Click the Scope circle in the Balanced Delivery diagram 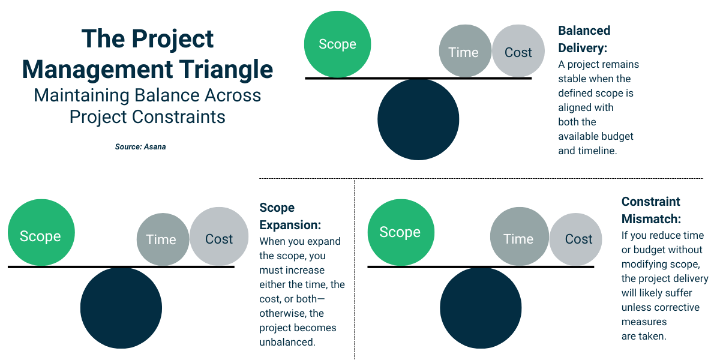point(337,44)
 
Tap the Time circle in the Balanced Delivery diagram point(463,52)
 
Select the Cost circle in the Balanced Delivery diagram point(518,52)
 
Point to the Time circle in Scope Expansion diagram point(161,239)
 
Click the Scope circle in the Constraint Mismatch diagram point(400,232)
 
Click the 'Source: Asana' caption point(140,146)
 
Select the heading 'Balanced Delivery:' point(584,39)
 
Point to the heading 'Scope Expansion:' point(290,216)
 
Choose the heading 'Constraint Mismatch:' point(651,210)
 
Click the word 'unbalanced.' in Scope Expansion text point(287,342)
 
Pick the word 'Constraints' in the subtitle point(181,116)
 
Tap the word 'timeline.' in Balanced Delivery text point(598,151)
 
